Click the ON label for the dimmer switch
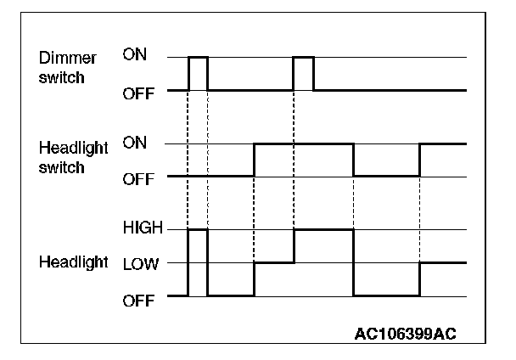tap(134, 57)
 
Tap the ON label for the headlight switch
tap(134, 143)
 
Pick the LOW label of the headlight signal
tap(139, 263)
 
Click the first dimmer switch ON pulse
tap(198, 58)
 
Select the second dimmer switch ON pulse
tap(303, 58)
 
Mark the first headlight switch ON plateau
tap(303, 143)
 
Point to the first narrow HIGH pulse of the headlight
tap(198, 229)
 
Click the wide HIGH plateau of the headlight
tap(323, 229)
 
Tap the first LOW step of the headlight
tap(273, 263)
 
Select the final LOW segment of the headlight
tap(442, 263)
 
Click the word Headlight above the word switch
tap(74, 148)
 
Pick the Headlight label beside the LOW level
tap(74, 262)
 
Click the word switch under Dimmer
tap(61, 78)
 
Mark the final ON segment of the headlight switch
tap(442, 143)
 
